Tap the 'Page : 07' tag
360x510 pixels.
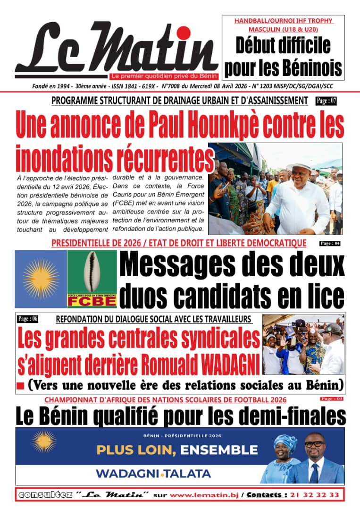click(326, 101)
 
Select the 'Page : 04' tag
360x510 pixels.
click(330, 244)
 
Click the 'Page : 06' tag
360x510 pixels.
click(27, 319)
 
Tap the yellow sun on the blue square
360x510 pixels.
click(41, 279)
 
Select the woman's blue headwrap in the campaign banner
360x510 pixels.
click(285, 442)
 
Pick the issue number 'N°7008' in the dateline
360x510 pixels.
click(173, 86)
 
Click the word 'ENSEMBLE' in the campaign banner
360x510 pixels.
click(218, 450)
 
